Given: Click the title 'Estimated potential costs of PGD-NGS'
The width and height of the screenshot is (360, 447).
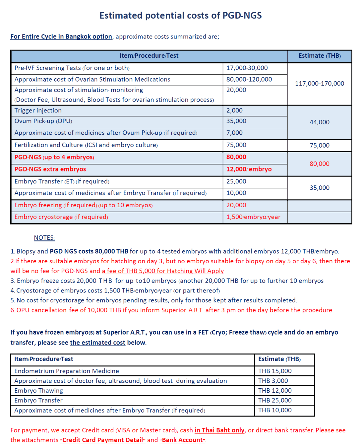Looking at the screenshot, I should pyautogui.click(x=180, y=16).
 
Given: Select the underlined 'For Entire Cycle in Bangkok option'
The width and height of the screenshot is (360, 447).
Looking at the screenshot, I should pyautogui.click(x=61, y=36).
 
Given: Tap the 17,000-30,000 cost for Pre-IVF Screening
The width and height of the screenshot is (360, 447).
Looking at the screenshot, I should pyautogui.click(x=247, y=68).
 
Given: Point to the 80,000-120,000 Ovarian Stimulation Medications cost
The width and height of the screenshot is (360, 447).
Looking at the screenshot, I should pyautogui.click(x=249, y=80).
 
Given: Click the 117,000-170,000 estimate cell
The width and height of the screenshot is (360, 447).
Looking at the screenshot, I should pyautogui.click(x=319, y=84).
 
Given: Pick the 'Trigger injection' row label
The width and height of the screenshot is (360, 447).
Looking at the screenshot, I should pyautogui.click(x=38, y=111).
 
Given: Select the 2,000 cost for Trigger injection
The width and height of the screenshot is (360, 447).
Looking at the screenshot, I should pyautogui.click(x=234, y=111).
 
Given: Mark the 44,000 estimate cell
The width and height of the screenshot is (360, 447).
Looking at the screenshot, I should pyautogui.click(x=319, y=122).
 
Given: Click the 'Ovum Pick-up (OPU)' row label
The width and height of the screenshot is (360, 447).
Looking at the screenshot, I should pyautogui.click(x=43, y=121).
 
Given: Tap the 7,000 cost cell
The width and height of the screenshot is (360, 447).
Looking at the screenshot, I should pyautogui.click(x=234, y=133).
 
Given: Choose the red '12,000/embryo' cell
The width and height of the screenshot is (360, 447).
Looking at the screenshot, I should pyautogui.click(x=249, y=169).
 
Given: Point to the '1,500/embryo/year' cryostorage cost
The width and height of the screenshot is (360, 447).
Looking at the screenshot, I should pyautogui.click(x=253, y=217).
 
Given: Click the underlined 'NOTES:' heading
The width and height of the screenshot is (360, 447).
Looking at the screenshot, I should pyautogui.click(x=44, y=238).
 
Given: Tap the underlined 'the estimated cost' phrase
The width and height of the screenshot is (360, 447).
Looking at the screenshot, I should pyautogui.click(x=97, y=343).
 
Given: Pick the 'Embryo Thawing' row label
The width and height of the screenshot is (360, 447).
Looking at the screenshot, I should pyautogui.click(x=38, y=391).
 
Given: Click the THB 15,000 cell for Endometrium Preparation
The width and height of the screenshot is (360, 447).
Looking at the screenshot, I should pyautogui.click(x=275, y=371).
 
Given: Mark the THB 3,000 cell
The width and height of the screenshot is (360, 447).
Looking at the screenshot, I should pyautogui.click(x=273, y=381).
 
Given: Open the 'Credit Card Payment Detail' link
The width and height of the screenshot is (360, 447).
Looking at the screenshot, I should pyautogui.click(x=103, y=440).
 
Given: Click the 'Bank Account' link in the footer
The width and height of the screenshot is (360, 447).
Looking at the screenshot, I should pyautogui.click(x=182, y=440).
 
